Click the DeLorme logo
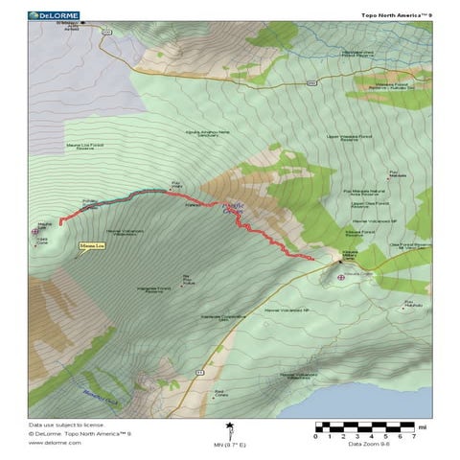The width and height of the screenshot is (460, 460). point(54,15)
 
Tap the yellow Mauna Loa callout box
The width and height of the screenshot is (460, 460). point(91,246)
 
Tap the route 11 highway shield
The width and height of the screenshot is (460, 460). point(199,369)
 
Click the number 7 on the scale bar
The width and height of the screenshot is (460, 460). point(413,436)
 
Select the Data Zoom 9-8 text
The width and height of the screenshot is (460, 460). point(368,444)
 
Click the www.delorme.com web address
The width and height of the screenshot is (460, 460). point(48,443)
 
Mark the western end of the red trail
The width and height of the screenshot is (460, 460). point(60,223)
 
